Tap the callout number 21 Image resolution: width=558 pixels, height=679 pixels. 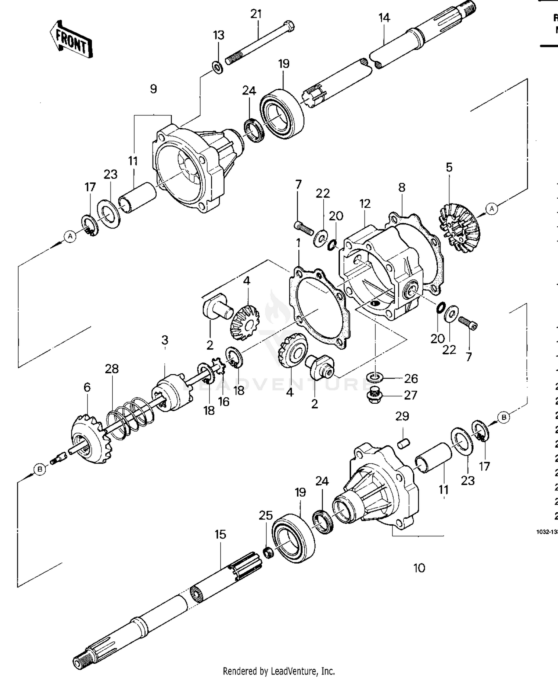(256, 14)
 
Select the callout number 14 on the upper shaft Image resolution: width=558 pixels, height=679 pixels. (384, 17)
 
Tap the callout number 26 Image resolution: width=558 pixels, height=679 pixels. (411, 378)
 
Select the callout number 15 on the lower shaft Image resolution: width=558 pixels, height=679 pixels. (220, 535)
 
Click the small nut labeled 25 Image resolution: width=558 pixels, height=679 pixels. (268, 552)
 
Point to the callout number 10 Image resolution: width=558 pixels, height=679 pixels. (419, 568)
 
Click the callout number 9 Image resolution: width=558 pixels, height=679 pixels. (153, 89)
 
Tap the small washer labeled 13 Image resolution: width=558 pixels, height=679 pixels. (218, 67)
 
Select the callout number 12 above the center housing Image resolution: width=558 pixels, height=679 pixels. (365, 204)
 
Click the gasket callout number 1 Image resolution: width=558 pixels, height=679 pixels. (298, 243)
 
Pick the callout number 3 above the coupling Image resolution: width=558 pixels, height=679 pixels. (164, 340)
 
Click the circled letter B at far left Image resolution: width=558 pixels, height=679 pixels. (40, 469)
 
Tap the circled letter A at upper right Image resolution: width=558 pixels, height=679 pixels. (492, 209)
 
